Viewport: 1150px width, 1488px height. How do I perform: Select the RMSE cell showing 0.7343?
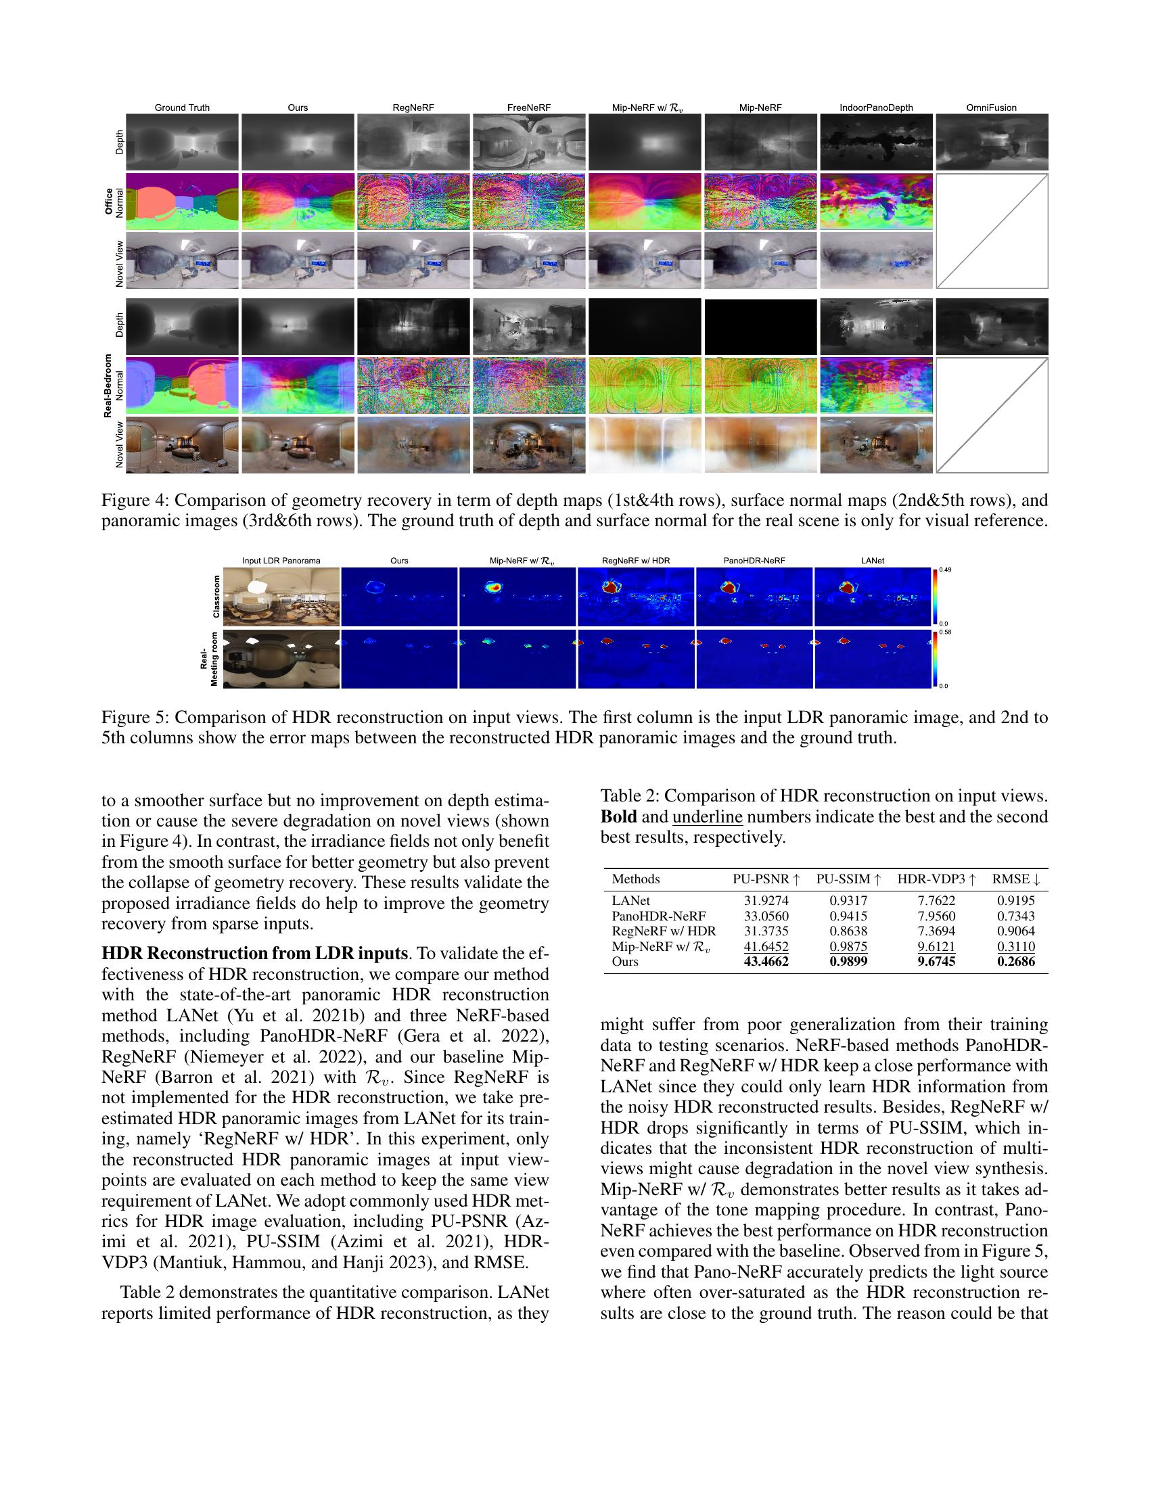tap(1015, 916)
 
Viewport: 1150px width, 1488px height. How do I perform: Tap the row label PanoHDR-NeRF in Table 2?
tap(658, 916)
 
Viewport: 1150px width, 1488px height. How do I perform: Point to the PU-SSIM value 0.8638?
tap(848, 931)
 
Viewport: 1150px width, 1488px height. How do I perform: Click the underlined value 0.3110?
tap(1015, 946)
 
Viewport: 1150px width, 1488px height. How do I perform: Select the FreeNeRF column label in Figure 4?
tap(529, 108)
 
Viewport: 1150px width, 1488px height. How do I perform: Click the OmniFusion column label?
tap(991, 108)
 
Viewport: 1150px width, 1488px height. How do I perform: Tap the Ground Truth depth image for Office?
tap(182, 142)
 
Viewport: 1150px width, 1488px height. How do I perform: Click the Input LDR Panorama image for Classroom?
tap(281, 596)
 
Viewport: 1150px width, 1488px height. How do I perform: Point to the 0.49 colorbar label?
tap(946, 569)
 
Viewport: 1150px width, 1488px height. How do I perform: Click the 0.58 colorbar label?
tap(946, 632)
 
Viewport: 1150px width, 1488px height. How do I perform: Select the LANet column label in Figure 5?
tap(872, 561)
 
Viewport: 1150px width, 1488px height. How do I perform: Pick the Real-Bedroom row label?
tap(108, 385)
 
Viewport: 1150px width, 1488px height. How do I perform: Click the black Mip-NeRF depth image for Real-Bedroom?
tap(760, 327)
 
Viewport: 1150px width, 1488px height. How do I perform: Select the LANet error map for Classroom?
tap(873, 596)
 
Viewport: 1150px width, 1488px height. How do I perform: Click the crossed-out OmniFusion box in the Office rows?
tap(991, 231)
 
